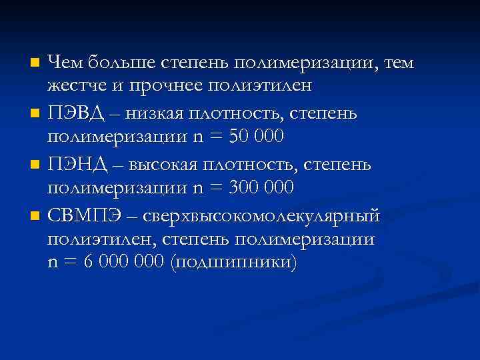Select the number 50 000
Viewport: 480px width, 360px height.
point(256,137)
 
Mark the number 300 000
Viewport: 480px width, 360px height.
point(261,187)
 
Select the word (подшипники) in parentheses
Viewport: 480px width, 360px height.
point(231,262)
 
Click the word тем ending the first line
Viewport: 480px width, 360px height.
point(397,63)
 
